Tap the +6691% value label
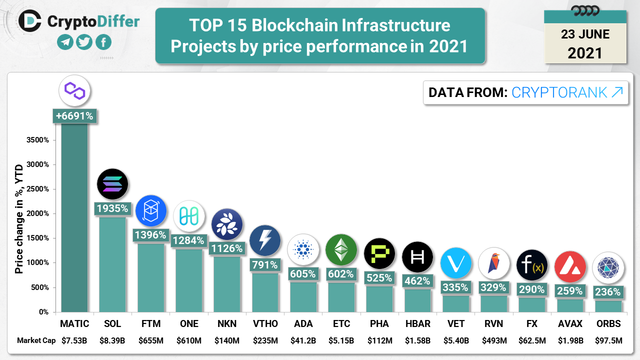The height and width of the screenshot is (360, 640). pyautogui.click(x=74, y=116)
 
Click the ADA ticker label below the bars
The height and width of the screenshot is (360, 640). pyautogui.click(x=303, y=324)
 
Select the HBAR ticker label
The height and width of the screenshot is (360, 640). pyautogui.click(x=417, y=324)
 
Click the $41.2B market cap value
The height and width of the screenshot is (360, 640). pyautogui.click(x=303, y=341)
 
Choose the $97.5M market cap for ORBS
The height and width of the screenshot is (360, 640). pyautogui.click(x=608, y=341)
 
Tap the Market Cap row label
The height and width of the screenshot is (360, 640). pyautogui.click(x=36, y=341)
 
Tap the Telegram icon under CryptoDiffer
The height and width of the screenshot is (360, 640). pyautogui.click(x=65, y=42)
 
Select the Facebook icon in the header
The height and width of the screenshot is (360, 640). pyautogui.click(x=103, y=42)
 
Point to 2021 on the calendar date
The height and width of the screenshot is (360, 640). pyautogui.click(x=585, y=52)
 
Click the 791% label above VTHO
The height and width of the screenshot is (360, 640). pyautogui.click(x=265, y=264)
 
